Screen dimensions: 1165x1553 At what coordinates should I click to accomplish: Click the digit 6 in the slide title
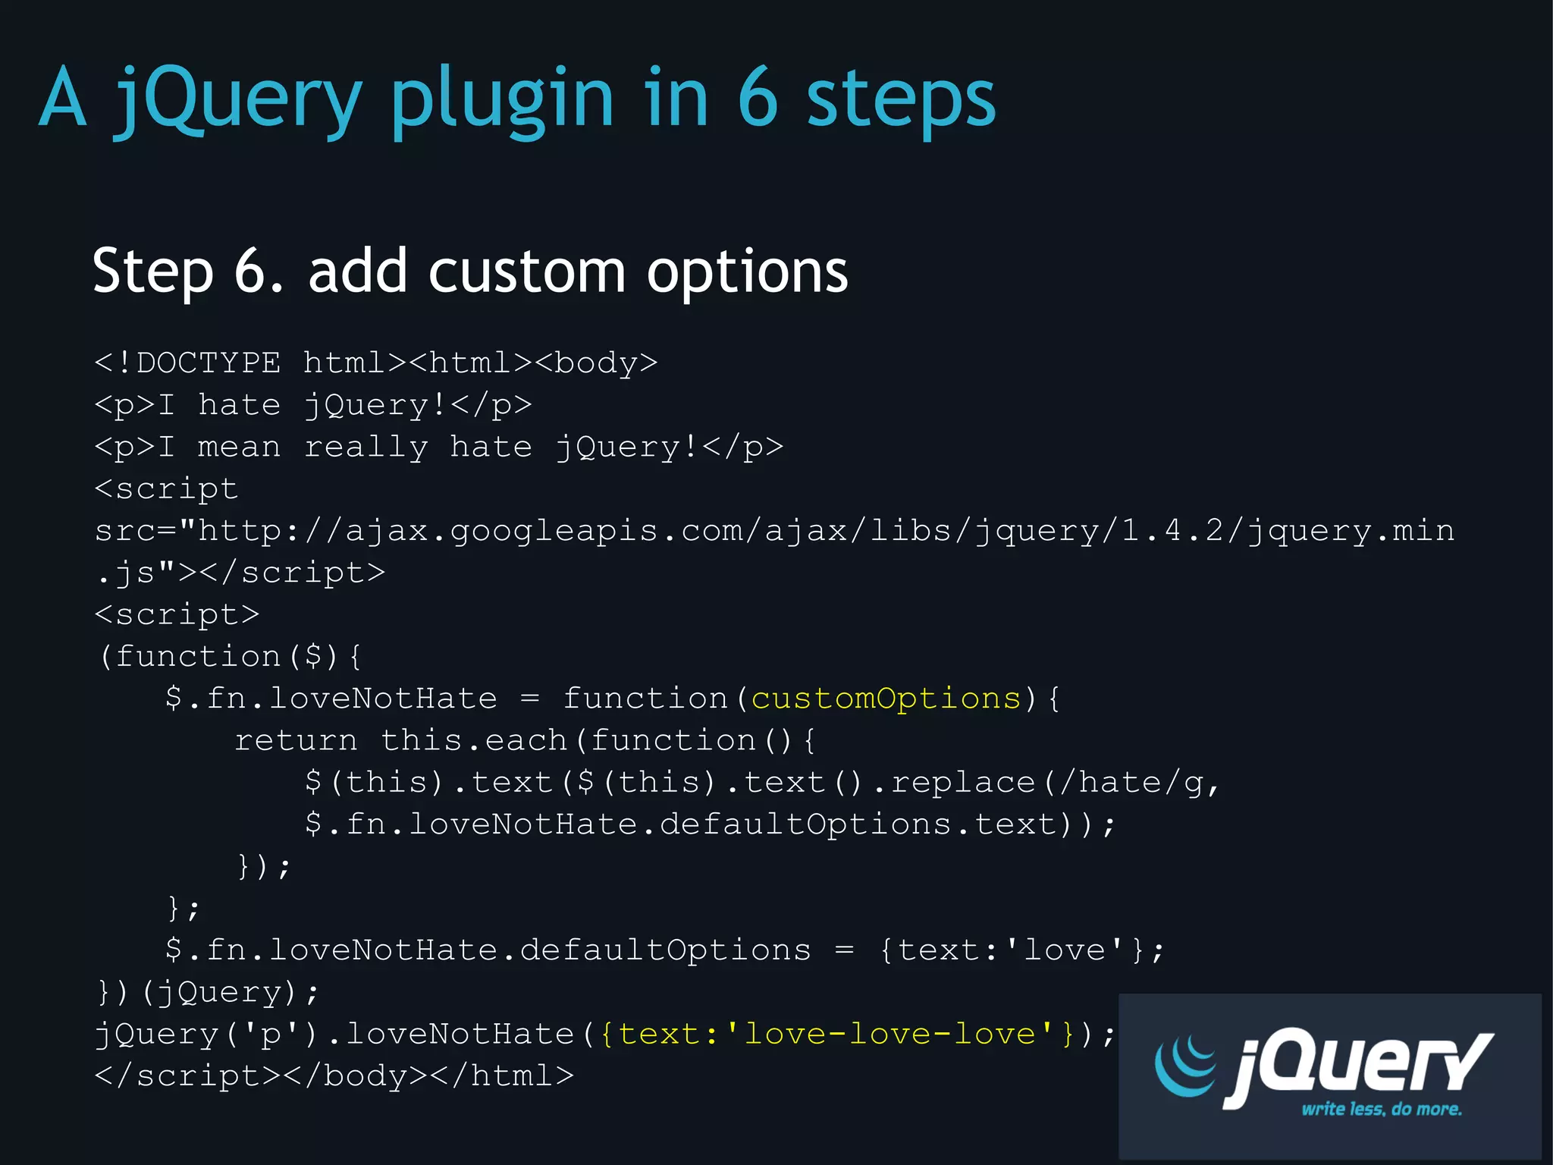click(x=758, y=99)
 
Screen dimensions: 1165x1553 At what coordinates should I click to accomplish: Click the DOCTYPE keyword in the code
click(x=208, y=363)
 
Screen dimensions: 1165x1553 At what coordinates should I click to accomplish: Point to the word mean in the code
click(x=239, y=447)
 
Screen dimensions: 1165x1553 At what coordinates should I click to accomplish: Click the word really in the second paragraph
click(x=366, y=447)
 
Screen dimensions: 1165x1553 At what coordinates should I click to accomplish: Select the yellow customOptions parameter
click(x=886, y=699)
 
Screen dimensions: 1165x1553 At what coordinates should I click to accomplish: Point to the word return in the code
click(x=296, y=740)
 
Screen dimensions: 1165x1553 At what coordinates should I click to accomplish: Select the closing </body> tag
click(x=355, y=1076)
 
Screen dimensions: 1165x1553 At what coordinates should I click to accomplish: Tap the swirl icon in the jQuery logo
click(x=1185, y=1066)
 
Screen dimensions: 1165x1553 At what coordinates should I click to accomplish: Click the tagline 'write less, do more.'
click(x=1381, y=1110)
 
